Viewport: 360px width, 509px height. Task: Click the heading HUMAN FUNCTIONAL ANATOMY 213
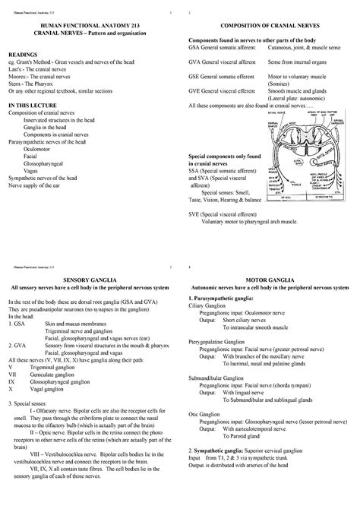[90, 25]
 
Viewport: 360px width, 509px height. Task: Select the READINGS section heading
[23, 55]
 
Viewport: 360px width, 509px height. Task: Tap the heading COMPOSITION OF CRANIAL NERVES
[269, 25]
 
